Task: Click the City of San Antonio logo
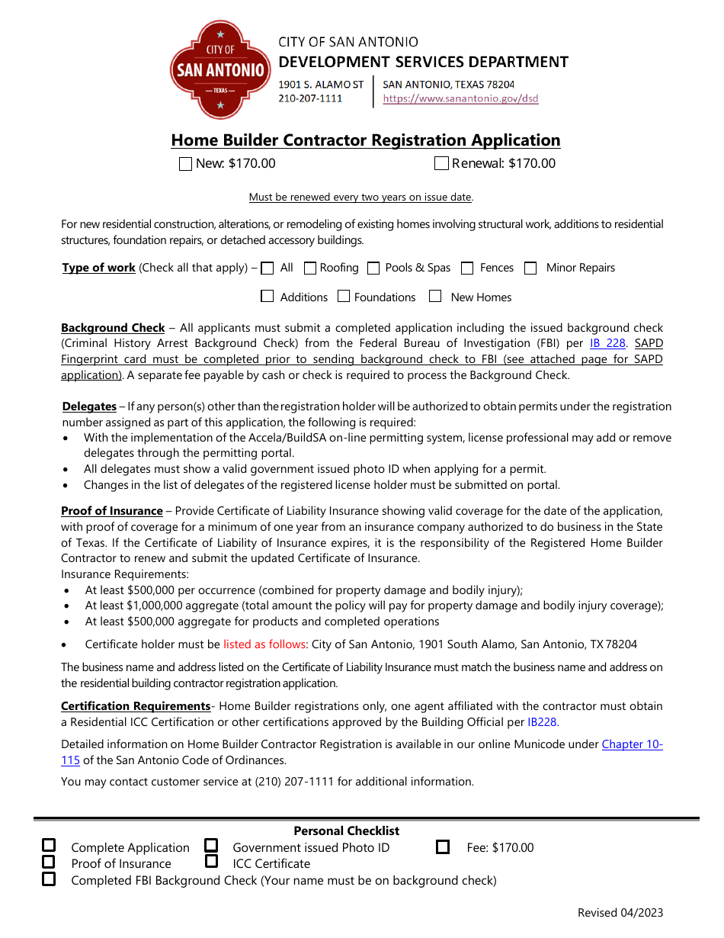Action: click(220, 70)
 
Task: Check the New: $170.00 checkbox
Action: click(185, 164)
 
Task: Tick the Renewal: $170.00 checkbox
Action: click(441, 163)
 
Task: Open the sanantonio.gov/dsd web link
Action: click(460, 98)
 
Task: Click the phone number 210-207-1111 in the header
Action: click(310, 98)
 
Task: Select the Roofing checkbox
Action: click(310, 268)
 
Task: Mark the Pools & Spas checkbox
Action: click(373, 268)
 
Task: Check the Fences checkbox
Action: click(467, 268)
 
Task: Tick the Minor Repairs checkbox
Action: click(531, 268)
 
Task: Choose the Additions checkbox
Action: click(267, 296)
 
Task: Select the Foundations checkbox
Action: click(344, 296)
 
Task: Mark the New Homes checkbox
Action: click(435, 296)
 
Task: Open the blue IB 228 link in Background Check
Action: click(607, 343)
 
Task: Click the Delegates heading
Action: click(89, 406)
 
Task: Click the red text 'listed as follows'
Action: click(264, 644)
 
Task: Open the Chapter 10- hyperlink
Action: click(632, 744)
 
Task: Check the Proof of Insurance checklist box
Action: click(49, 862)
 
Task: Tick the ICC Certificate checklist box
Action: click(212, 862)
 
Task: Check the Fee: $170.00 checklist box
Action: click(443, 847)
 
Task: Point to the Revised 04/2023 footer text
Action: click(620, 913)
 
